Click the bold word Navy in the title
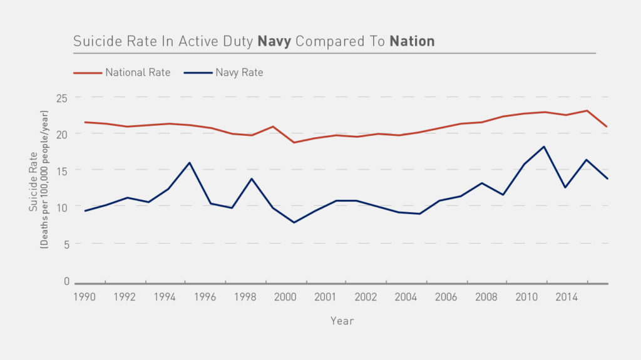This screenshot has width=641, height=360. point(274,42)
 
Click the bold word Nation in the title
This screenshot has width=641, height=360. point(412,42)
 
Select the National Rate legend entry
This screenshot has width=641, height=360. point(137,73)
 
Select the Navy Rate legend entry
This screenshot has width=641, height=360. point(239,73)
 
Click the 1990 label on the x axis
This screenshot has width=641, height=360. point(85,296)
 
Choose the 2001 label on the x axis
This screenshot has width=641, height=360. point(324,296)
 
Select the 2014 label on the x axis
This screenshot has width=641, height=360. point(566,296)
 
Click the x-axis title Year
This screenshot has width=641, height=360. point(342,321)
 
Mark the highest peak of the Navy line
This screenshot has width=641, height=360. point(544,147)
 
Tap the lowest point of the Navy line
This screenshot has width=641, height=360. point(294,222)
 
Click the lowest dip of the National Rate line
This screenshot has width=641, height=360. point(294,143)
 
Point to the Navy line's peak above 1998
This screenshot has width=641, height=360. point(252,178)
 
